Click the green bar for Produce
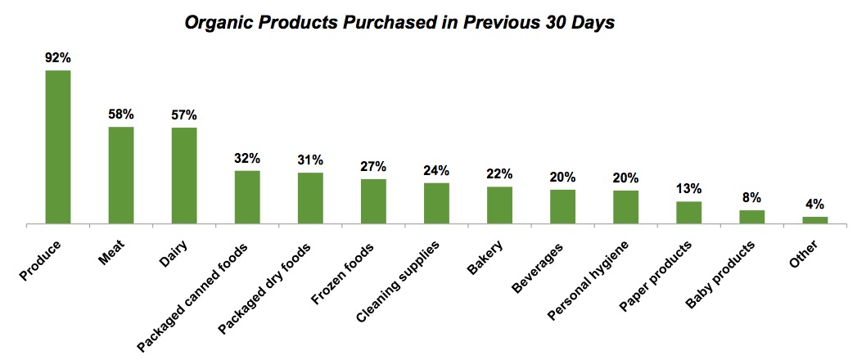(x=57, y=146)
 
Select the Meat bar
(x=121, y=174)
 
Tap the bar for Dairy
(x=184, y=175)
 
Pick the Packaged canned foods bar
(x=247, y=196)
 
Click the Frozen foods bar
(x=373, y=200)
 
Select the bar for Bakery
(x=499, y=205)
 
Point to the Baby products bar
(x=751, y=216)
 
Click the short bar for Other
(x=814, y=219)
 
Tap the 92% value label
(x=57, y=58)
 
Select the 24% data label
(x=436, y=170)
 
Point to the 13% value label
(x=688, y=189)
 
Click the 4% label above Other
(x=814, y=205)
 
